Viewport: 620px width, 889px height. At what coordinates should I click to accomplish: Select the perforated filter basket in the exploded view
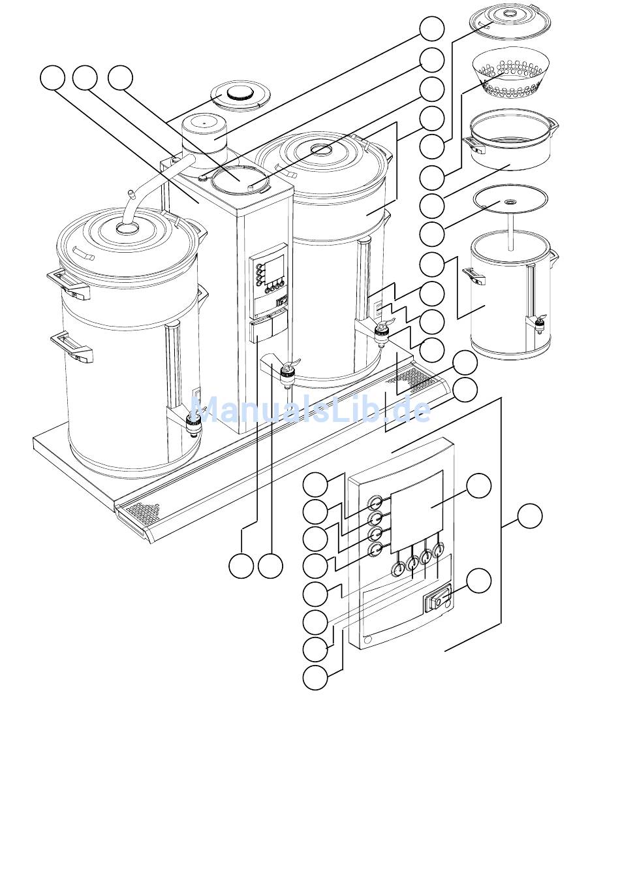click(x=510, y=74)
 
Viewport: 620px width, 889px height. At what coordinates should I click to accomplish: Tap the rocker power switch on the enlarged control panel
click(x=438, y=604)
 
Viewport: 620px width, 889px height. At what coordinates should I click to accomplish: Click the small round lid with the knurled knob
click(x=240, y=97)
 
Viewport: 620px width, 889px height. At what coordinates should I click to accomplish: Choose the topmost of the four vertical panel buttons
click(x=375, y=503)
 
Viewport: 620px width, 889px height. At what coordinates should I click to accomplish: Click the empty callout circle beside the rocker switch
click(x=479, y=580)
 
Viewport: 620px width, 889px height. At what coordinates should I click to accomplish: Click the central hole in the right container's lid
click(x=322, y=149)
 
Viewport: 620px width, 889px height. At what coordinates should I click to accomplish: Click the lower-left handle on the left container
click(x=71, y=348)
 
